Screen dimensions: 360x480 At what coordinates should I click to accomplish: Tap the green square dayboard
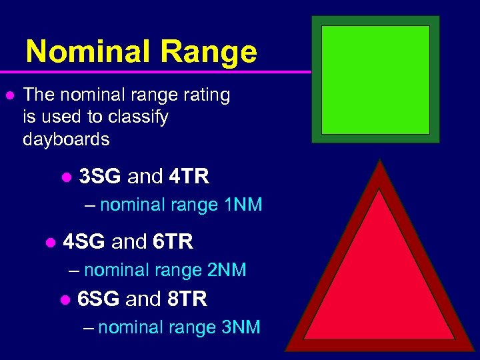point(375,79)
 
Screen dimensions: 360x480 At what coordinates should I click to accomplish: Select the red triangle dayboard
point(379,280)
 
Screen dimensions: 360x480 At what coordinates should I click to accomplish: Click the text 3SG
point(100,177)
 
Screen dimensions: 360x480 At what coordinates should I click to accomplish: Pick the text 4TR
point(189,177)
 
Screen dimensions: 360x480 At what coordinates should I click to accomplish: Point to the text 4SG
point(84,242)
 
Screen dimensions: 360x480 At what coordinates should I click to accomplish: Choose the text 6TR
point(173,242)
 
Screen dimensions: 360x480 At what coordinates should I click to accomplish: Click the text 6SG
point(99,299)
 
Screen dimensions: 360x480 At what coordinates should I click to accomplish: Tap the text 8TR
point(187,299)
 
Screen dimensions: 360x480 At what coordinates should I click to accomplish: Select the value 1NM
point(243,205)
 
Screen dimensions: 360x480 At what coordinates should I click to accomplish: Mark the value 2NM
point(227,270)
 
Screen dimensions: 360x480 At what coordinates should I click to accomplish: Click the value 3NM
point(241,327)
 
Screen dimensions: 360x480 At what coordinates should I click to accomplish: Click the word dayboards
point(66,139)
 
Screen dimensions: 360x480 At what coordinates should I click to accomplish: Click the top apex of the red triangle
point(379,161)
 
